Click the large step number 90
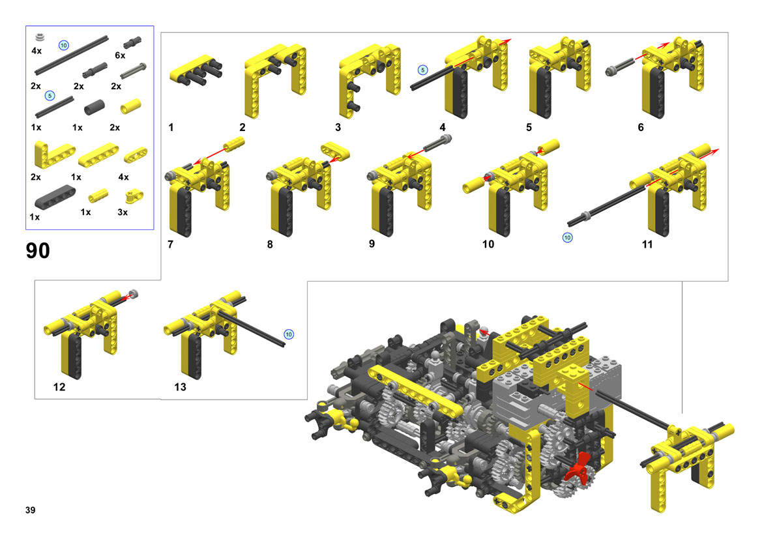pyautogui.click(x=37, y=251)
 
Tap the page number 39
pyautogui.click(x=30, y=510)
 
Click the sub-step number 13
pyautogui.click(x=180, y=387)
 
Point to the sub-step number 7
pyautogui.click(x=170, y=244)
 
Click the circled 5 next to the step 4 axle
pyautogui.click(x=423, y=70)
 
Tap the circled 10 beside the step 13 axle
pyautogui.click(x=289, y=334)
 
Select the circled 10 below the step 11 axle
pyautogui.click(x=567, y=238)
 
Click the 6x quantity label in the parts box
pyautogui.click(x=120, y=55)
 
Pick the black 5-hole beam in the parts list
pyautogui.click(x=55, y=197)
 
